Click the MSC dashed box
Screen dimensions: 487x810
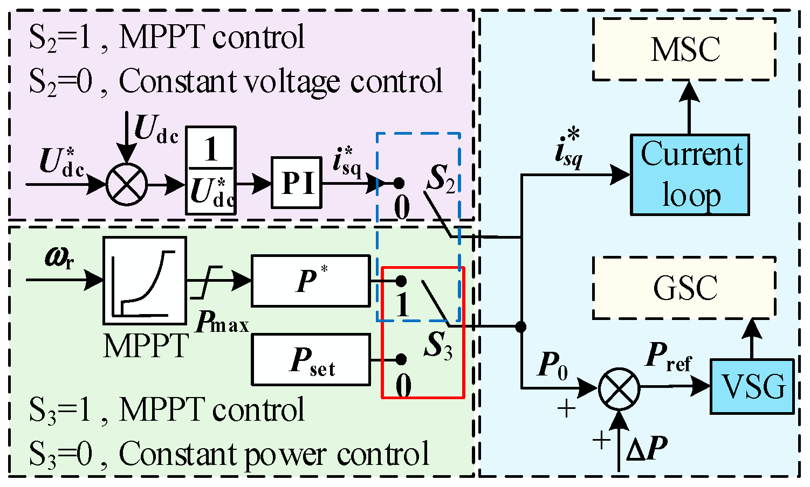(684, 50)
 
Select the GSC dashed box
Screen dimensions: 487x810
(684, 288)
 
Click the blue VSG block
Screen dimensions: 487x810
(752, 386)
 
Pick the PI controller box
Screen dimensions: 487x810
(296, 183)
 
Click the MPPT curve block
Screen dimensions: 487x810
(145, 281)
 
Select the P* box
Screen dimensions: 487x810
(311, 281)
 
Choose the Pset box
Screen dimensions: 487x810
(311, 360)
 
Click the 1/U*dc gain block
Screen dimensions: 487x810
(211, 171)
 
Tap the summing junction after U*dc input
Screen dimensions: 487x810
(126, 184)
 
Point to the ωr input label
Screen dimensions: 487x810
(59, 259)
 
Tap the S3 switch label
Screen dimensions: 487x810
(438, 345)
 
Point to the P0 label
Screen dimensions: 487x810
(553, 366)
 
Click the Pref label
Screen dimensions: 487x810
(668, 356)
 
